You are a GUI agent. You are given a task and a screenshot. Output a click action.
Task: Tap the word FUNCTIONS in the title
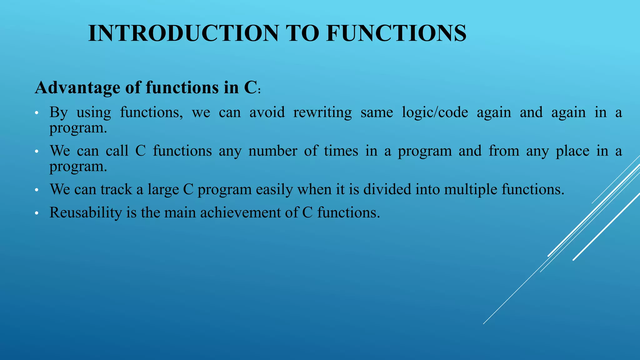pyautogui.click(x=396, y=33)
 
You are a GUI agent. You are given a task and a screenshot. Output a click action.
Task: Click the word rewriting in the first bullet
pyautogui.click(x=322, y=112)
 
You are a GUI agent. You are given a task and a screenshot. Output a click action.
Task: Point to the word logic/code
pyautogui.click(x=435, y=112)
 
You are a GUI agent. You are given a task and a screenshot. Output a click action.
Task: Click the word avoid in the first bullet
pyautogui.click(x=267, y=112)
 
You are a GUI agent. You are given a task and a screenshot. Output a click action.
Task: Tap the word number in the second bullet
pyautogui.click(x=272, y=151)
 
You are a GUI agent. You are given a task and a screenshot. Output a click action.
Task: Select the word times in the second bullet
pyautogui.click(x=341, y=151)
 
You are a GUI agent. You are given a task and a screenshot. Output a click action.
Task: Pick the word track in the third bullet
pyautogui.click(x=116, y=190)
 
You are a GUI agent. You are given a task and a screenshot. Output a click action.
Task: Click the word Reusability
pyautogui.click(x=86, y=213)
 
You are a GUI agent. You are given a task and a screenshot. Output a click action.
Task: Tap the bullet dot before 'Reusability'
pyautogui.click(x=37, y=214)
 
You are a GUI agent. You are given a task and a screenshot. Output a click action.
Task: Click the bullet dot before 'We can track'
pyautogui.click(x=37, y=190)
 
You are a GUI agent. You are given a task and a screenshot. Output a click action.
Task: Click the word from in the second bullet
pyautogui.click(x=503, y=151)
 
